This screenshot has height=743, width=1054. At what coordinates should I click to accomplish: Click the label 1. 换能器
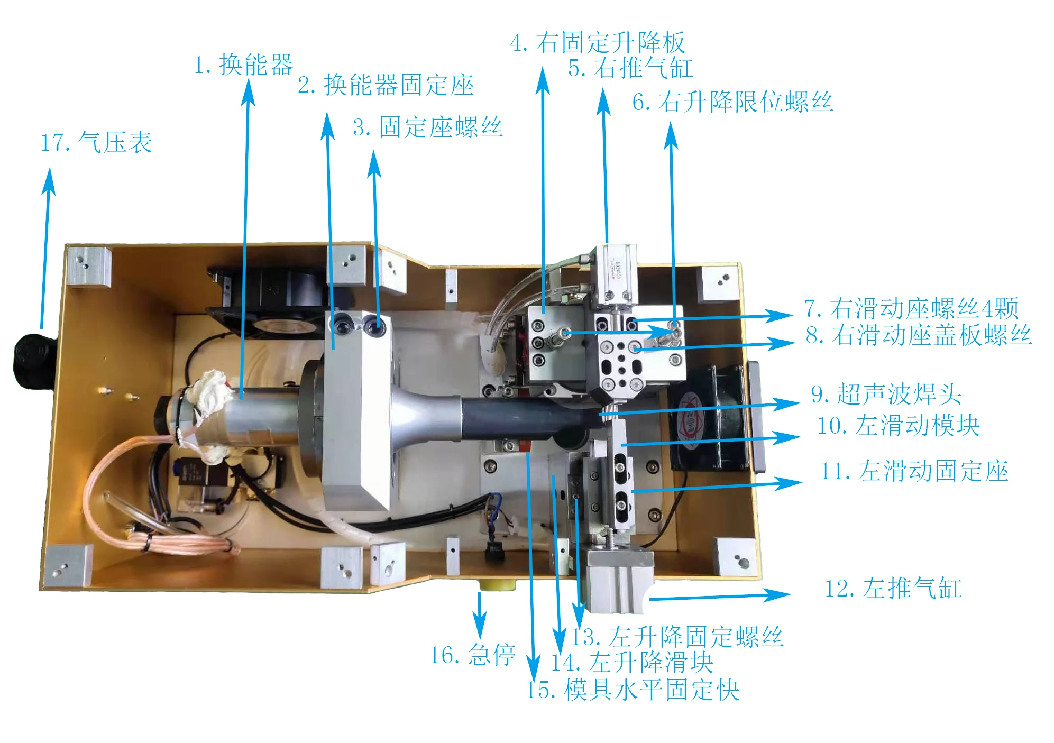pos(243,65)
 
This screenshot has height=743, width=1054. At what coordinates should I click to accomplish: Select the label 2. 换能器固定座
pos(386,86)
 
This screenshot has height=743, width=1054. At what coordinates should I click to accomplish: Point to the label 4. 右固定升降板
pos(598,43)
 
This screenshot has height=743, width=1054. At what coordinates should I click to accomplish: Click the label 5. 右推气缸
pos(630,68)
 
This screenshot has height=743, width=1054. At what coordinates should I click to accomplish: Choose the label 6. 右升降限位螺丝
pos(732,102)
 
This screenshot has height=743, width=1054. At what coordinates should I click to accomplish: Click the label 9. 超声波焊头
pos(886,395)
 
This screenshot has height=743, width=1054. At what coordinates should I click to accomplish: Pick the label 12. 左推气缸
pos(893,589)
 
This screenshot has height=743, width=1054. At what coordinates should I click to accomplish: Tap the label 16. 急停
pos(472,656)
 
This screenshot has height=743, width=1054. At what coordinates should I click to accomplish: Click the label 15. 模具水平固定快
pos(633,690)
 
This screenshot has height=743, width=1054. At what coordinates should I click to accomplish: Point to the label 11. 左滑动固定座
pos(914,471)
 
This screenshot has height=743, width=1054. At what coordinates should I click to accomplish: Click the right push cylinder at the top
pos(617,275)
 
